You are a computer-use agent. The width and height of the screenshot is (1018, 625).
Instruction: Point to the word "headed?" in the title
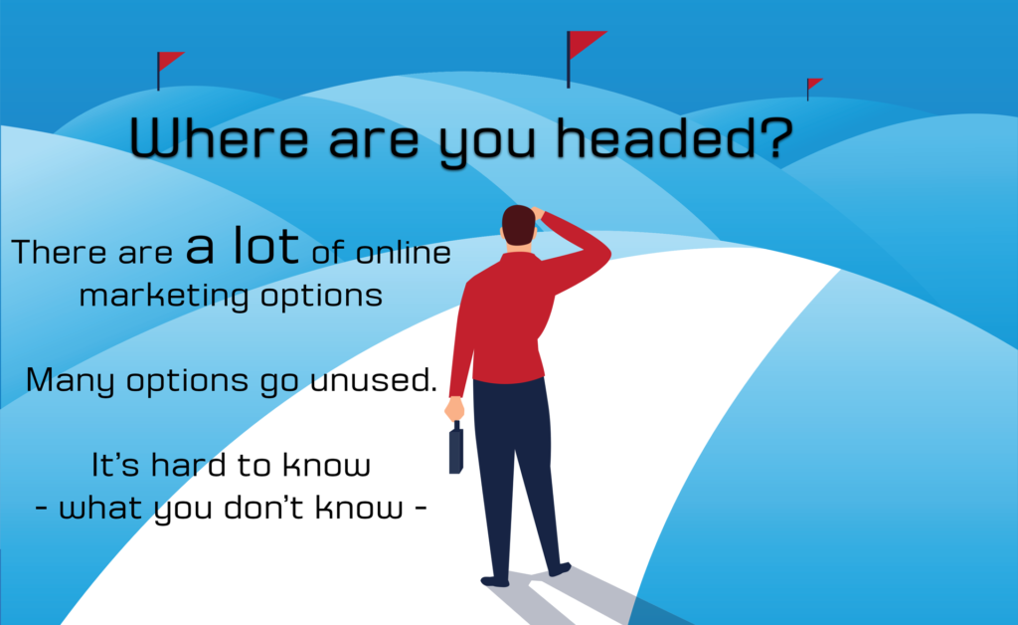[x=675, y=137]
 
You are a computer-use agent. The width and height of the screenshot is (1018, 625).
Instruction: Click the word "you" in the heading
[x=487, y=143]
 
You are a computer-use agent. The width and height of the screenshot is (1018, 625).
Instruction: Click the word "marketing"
[x=164, y=297]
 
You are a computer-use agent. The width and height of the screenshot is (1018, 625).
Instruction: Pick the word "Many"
[x=71, y=380]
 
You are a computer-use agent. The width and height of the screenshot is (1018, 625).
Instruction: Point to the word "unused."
[x=374, y=380]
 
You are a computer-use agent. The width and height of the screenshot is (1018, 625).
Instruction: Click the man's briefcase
[x=455, y=448]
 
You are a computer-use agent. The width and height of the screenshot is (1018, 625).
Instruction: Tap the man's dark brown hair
[x=518, y=225]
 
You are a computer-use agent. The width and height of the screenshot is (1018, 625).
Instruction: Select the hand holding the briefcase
[x=454, y=409]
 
